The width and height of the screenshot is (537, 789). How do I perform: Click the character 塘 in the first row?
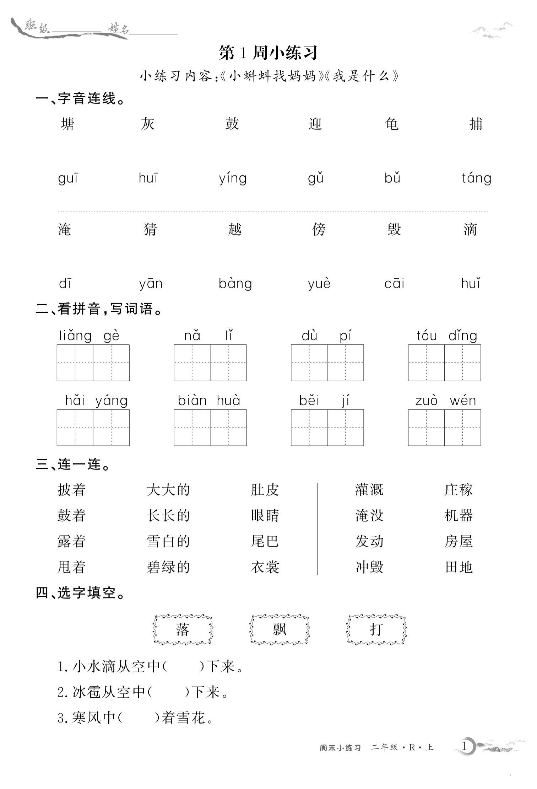click(x=67, y=124)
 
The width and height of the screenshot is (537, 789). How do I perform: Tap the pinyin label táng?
click(x=476, y=178)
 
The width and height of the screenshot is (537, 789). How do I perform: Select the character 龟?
click(x=392, y=124)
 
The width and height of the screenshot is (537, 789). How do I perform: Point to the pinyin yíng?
click(x=233, y=178)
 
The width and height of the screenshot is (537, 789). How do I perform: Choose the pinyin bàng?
click(x=235, y=284)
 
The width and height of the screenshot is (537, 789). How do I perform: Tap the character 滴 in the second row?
click(x=470, y=229)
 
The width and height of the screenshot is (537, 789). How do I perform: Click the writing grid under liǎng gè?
click(x=93, y=363)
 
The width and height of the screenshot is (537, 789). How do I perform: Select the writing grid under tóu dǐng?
click(x=444, y=363)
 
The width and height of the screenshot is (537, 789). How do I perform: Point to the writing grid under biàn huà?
click(x=210, y=428)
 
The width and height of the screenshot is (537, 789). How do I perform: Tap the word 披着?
click(x=71, y=490)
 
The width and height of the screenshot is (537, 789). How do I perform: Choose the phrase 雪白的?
click(x=168, y=541)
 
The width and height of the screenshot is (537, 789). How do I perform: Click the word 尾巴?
click(x=265, y=541)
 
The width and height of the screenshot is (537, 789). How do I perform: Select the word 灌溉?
click(x=369, y=490)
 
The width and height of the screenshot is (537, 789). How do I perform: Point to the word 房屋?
click(x=459, y=541)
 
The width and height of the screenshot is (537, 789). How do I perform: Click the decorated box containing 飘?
click(x=280, y=630)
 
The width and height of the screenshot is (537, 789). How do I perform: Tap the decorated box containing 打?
click(x=376, y=630)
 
